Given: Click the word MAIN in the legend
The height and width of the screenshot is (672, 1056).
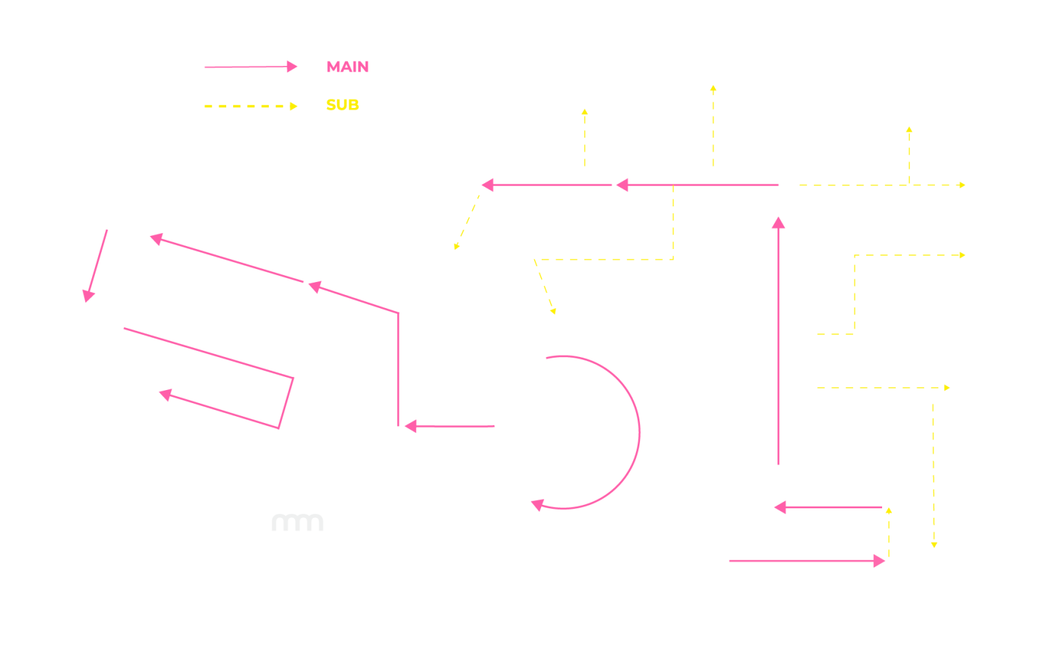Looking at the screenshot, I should pos(347,67).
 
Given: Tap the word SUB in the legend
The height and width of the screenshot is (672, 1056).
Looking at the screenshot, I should pos(342,105).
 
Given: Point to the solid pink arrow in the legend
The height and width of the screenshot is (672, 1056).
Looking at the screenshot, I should pos(251,67).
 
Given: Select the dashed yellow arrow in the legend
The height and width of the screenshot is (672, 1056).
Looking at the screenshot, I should pos(251,106).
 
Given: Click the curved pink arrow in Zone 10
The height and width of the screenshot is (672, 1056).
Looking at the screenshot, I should pos(639,432).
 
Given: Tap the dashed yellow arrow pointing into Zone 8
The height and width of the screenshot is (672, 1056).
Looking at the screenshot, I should pos(584,138).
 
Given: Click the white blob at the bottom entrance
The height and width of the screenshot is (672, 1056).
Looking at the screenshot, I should pos(727,587).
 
